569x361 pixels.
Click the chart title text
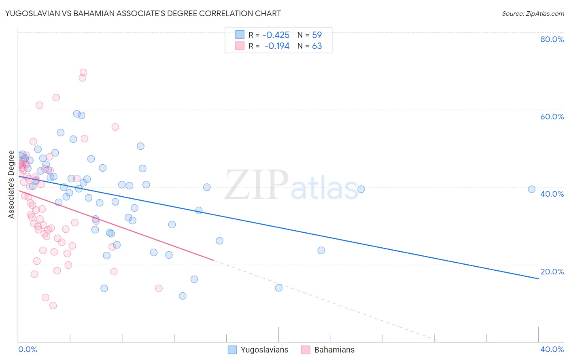142,13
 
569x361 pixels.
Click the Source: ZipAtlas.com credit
533,13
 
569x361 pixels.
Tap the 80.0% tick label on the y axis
552,39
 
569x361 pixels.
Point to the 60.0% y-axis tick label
552,117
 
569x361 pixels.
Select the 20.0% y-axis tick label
552,272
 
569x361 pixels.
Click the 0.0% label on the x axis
28,349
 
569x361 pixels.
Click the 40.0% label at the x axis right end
552,349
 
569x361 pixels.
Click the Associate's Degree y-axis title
11,185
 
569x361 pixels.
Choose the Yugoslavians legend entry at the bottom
258,350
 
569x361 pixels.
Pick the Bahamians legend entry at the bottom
328,350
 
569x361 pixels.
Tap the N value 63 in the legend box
317,46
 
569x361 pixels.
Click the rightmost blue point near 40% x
531,189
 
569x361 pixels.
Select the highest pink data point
83,72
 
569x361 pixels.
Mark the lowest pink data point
53,306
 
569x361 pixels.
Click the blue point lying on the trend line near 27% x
361,189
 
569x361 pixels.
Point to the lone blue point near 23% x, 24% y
321,250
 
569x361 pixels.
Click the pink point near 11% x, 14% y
159,288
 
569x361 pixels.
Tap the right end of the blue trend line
538,278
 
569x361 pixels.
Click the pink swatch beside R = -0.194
240,46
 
